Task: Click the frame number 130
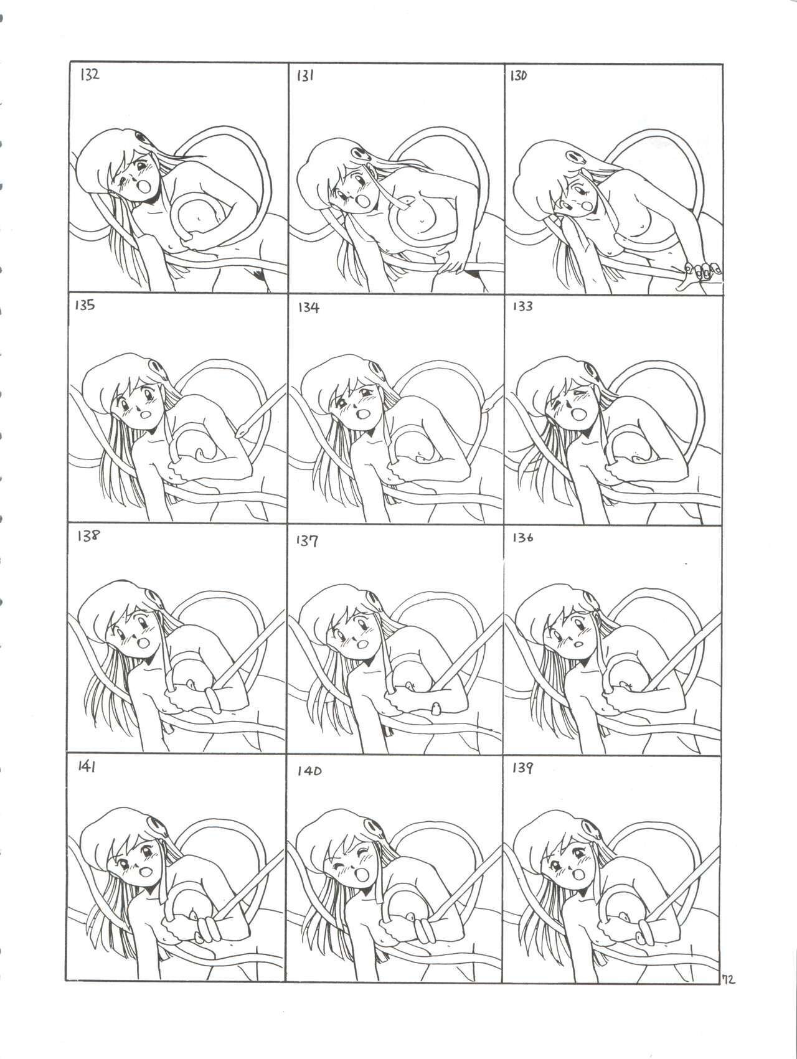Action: click(x=519, y=76)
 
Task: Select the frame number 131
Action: click(x=304, y=76)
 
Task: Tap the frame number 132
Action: click(x=88, y=76)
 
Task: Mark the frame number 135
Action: click(x=85, y=306)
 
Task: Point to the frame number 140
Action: click(x=308, y=771)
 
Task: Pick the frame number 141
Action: click(x=87, y=768)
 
